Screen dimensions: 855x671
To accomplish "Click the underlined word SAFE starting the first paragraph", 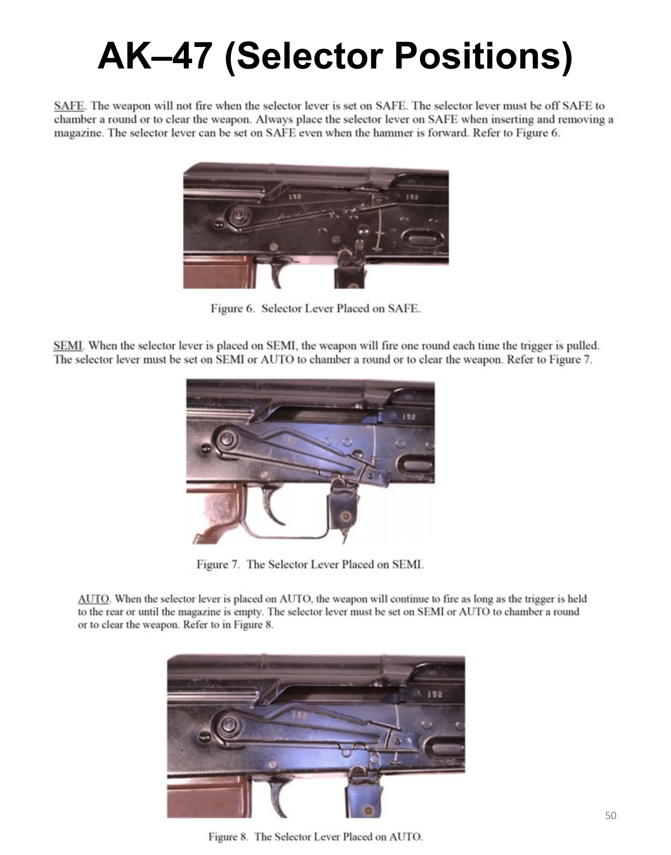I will pyautogui.click(x=69, y=106).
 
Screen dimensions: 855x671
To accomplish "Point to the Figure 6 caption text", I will pyautogui.click(x=316, y=309).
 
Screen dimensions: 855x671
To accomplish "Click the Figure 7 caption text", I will pyautogui.click(x=310, y=565).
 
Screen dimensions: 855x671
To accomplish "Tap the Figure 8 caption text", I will pyautogui.click(x=316, y=837).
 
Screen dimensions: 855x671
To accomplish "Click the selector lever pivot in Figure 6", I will pyautogui.click(x=238, y=216).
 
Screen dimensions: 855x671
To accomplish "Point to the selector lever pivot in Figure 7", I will pyautogui.click(x=226, y=439).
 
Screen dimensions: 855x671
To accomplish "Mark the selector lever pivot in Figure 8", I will pyautogui.click(x=227, y=724).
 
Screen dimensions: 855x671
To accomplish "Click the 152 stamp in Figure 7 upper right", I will pyautogui.click(x=409, y=417).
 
